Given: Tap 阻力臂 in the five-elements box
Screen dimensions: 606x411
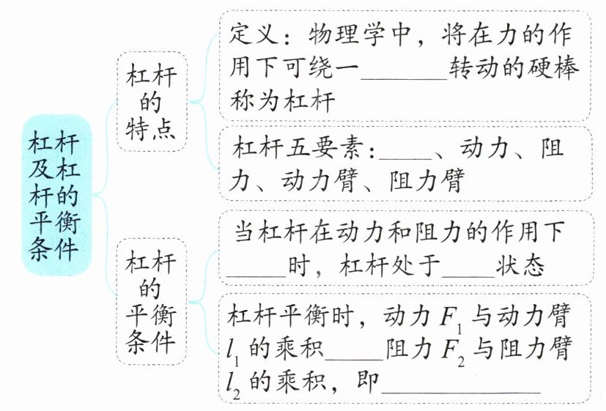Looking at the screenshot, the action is click(x=421, y=181).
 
